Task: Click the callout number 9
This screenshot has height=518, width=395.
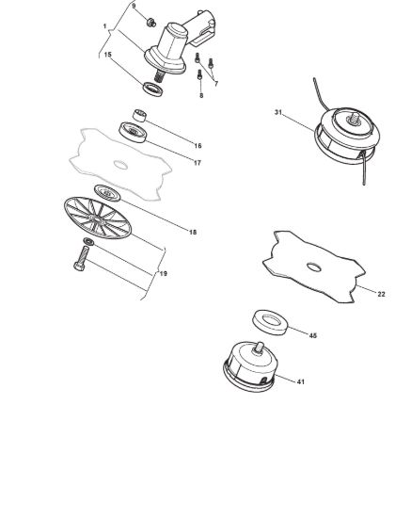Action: click(134, 6)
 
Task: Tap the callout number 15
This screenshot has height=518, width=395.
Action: click(108, 55)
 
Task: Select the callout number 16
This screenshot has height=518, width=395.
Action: click(197, 146)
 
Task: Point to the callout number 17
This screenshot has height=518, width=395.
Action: click(197, 163)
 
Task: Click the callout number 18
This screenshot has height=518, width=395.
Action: click(193, 233)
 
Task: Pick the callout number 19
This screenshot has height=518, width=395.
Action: click(164, 273)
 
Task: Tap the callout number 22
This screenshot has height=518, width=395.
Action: click(381, 294)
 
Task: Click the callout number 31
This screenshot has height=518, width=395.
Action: click(278, 112)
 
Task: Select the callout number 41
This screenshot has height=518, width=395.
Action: click(300, 381)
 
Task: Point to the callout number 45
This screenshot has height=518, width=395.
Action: click(312, 335)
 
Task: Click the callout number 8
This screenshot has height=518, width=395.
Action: click(201, 95)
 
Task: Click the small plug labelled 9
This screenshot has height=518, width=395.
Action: click(151, 23)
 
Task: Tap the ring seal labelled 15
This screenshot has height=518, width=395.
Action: click(152, 89)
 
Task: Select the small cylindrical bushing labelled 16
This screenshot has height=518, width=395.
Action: click(140, 115)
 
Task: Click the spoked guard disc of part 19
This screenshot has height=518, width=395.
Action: click(98, 219)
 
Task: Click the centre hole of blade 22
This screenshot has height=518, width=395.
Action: click(314, 267)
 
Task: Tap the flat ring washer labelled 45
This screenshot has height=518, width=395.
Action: click(270, 322)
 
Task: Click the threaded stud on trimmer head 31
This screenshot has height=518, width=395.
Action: click(355, 118)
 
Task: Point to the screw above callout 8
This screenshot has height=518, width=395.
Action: click(199, 74)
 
